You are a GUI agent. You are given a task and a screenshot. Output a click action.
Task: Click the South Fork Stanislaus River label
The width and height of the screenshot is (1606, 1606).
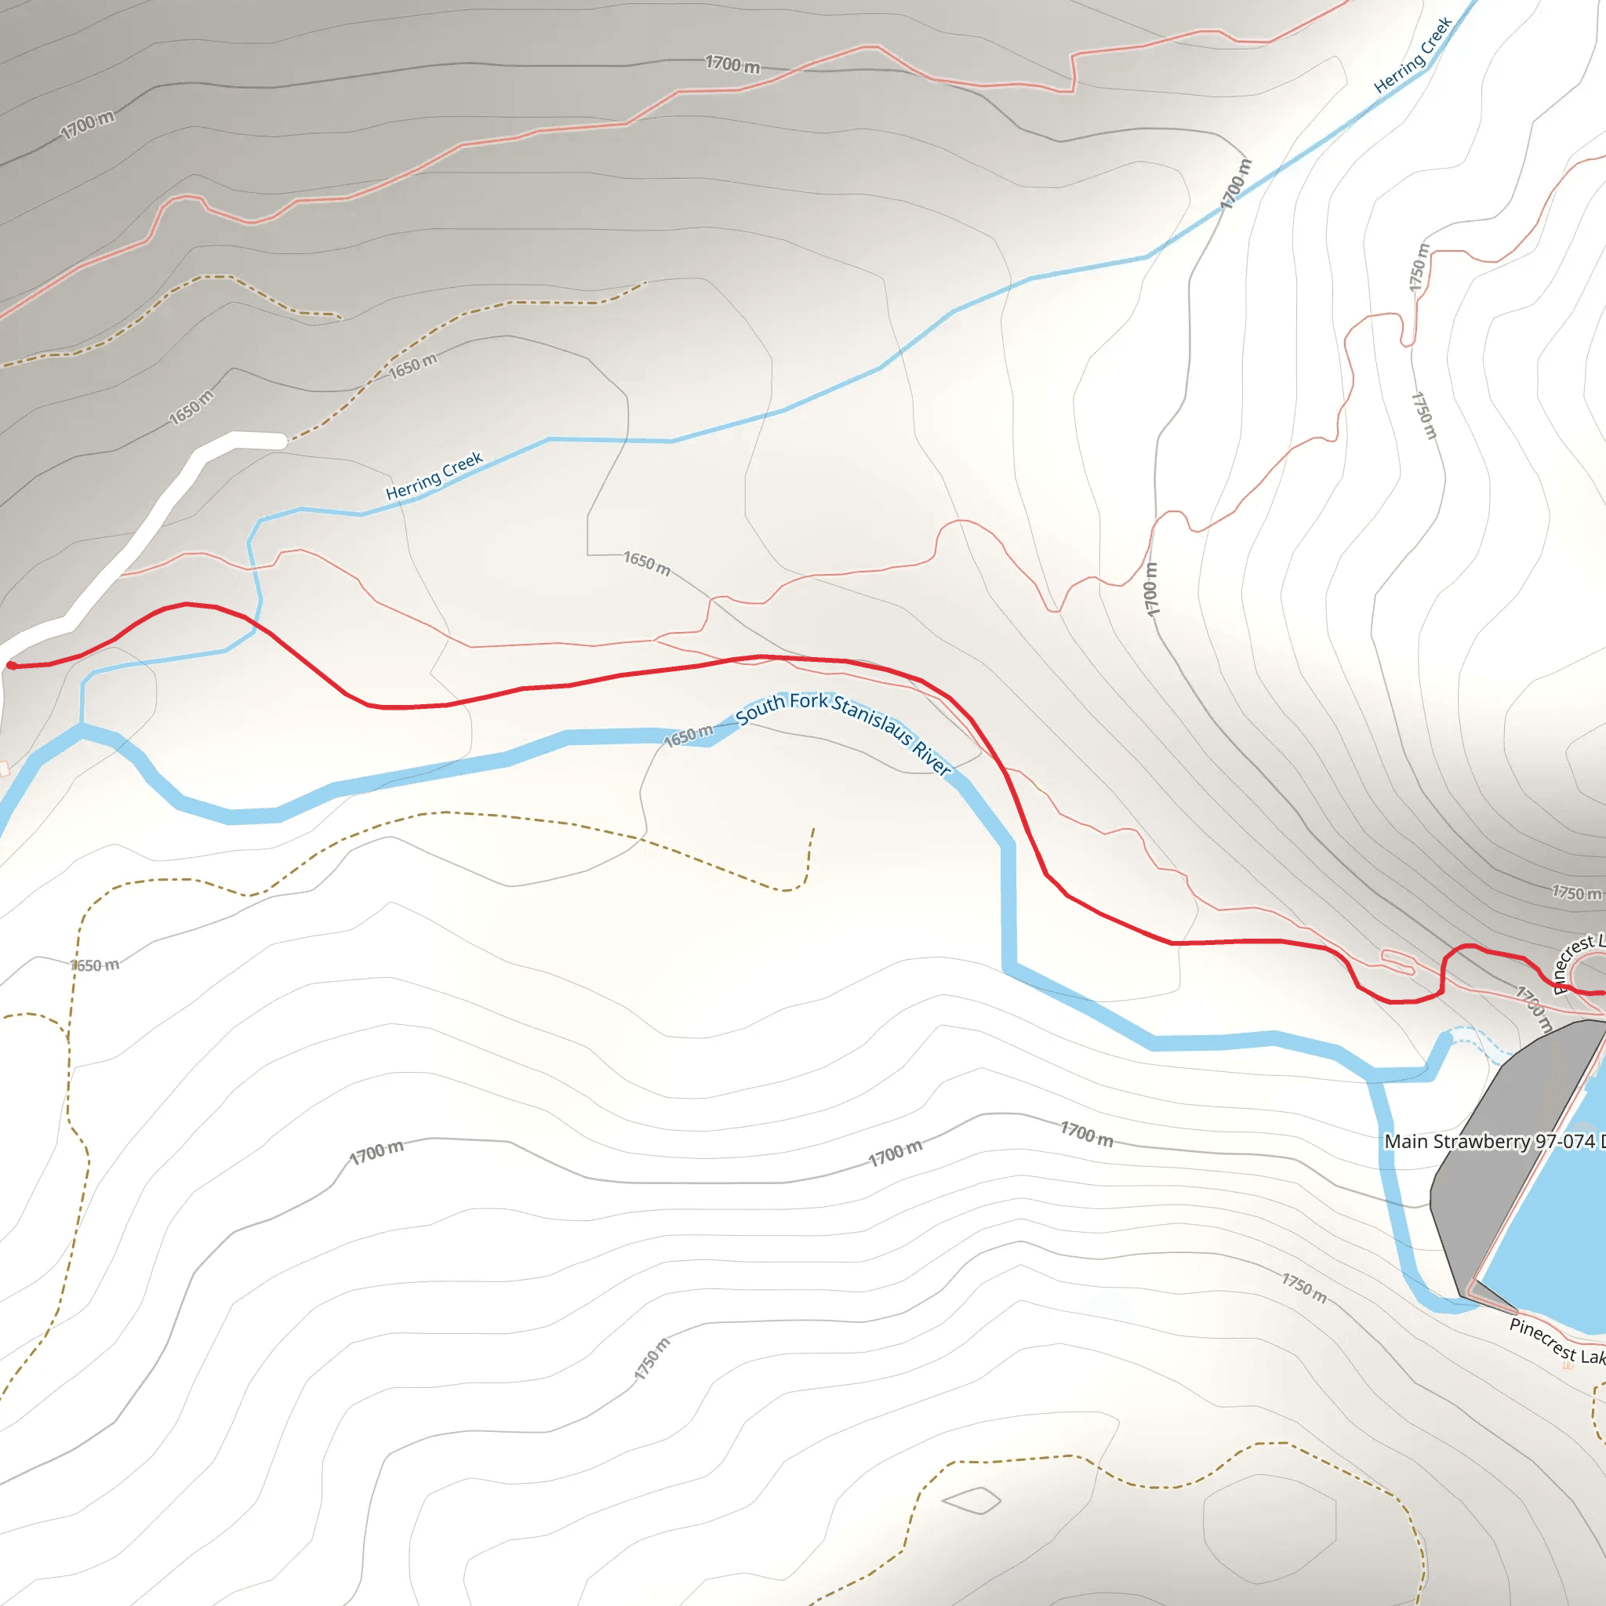(x=843, y=731)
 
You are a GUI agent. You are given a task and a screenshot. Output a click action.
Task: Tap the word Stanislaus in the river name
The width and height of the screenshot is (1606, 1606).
(x=872, y=719)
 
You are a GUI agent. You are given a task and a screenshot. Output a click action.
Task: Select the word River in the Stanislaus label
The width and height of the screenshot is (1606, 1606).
(x=932, y=758)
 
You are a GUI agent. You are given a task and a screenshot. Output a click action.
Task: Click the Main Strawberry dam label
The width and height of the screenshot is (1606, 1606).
(x=1493, y=1141)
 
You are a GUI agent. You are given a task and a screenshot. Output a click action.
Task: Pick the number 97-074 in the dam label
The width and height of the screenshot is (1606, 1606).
(x=1564, y=1141)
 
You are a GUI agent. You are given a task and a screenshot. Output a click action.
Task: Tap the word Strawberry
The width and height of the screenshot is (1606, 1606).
(x=1488, y=1141)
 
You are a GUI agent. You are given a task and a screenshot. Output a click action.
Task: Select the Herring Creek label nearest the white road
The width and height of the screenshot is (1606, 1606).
(x=434, y=476)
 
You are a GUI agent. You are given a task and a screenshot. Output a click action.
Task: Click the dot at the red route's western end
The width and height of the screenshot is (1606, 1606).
(x=11, y=665)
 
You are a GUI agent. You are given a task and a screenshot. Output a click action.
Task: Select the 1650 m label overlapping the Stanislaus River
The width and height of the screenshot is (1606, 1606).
(x=689, y=736)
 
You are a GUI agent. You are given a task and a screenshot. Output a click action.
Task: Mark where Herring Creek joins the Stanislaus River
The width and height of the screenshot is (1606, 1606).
(x=82, y=729)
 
